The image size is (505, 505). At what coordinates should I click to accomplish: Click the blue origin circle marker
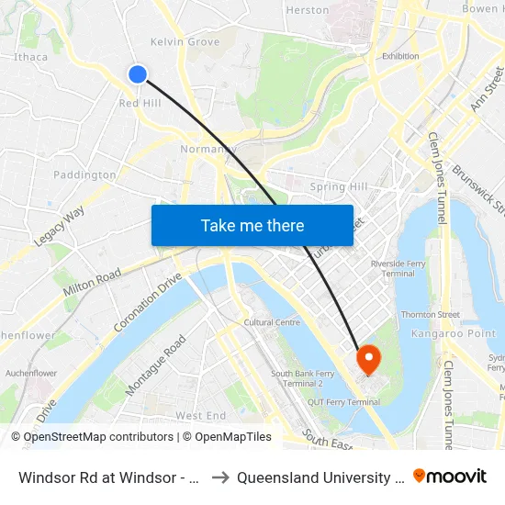[138, 74]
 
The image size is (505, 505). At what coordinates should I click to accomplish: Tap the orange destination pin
[368, 358]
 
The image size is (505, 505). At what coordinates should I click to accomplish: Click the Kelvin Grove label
[185, 41]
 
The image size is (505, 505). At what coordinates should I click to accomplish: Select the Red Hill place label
[140, 104]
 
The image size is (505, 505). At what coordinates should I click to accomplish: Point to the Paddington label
[84, 174]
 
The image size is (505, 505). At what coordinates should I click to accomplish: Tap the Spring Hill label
[339, 186]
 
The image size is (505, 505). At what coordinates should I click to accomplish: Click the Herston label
[308, 10]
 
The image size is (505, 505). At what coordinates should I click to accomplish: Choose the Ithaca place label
[30, 56]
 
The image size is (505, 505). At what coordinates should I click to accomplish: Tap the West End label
[200, 416]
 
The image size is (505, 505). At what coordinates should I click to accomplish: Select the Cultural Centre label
[272, 322]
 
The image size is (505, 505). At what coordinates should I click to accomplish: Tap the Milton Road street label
[92, 282]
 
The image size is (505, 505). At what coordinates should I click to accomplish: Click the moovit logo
[450, 476]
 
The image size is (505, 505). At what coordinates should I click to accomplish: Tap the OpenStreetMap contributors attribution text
[99, 437]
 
